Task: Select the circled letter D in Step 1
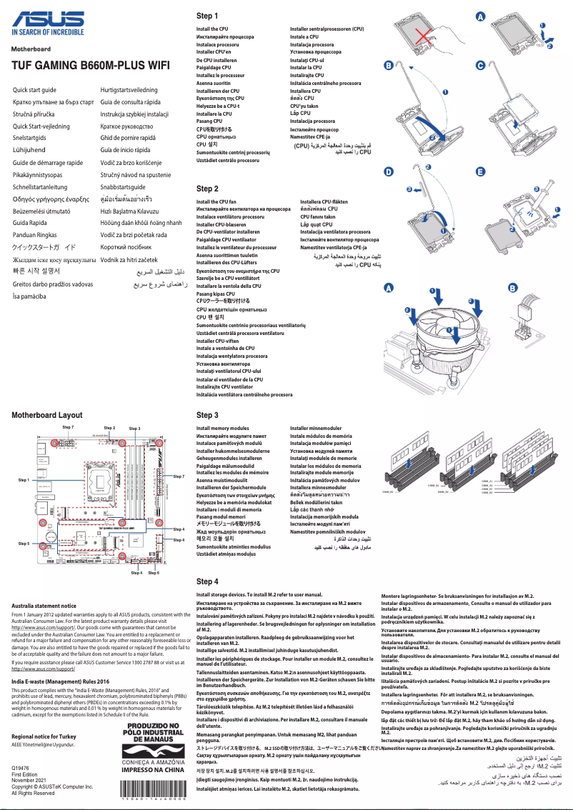[388, 172]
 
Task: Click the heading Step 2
[207, 189]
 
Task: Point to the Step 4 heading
[207, 581]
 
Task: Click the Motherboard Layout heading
[47, 414]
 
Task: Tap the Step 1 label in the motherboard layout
[24, 480]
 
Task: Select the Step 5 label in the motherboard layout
[24, 544]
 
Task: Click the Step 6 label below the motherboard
[154, 573]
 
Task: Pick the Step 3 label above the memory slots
[134, 428]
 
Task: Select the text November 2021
[29, 780]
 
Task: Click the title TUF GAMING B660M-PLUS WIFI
[90, 64]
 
